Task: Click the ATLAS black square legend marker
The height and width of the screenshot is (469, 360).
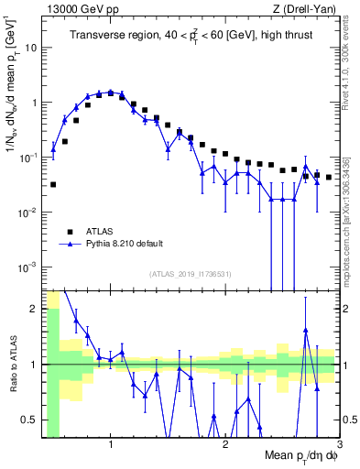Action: point(69,231)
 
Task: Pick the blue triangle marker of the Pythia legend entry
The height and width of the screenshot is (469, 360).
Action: point(69,245)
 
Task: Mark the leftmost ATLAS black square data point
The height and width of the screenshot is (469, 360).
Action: point(53,184)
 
